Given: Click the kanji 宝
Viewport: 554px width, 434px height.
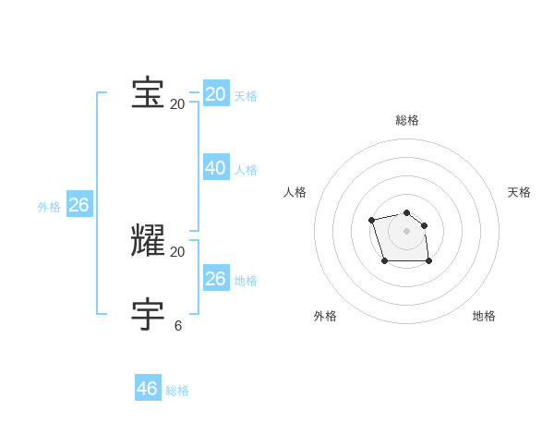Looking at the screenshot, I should (x=148, y=93).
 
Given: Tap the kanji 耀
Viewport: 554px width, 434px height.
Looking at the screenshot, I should (x=148, y=240).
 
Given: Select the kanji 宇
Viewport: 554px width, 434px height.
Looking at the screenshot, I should (x=148, y=314).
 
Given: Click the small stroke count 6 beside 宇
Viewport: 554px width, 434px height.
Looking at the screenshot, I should (x=177, y=325).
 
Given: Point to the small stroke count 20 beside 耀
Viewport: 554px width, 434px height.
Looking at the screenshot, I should (x=177, y=251).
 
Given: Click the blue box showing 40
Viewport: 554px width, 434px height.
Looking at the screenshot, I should (x=216, y=168).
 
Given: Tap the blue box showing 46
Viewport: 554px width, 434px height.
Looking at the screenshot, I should (x=148, y=389).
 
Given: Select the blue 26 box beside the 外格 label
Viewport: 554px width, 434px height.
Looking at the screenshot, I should (x=79, y=205).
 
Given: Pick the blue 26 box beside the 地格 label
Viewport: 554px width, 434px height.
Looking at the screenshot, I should (x=216, y=279).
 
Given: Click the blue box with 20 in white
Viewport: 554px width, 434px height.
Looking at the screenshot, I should (x=216, y=94).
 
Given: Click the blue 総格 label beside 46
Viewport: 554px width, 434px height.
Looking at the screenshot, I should (x=177, y=391).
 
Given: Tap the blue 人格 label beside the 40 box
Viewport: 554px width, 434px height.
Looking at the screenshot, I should (x=246, y=170).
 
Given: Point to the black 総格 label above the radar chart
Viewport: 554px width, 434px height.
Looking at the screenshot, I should (x=407, y=120).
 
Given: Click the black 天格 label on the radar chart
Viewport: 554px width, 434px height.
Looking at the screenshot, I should (x=519, y=192).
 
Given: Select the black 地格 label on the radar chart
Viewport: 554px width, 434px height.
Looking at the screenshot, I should (x=484, y=316).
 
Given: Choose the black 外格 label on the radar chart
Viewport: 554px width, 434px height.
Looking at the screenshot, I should (x=325, y=316).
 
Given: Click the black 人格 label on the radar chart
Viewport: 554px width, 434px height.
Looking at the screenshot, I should (x=295, y=192).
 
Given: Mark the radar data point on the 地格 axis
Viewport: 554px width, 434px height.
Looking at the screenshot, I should (x=429, y=261).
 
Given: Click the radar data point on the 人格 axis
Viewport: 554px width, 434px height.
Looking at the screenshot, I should (x=371, y=220).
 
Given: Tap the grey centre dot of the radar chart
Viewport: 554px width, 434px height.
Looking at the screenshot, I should (x=407, y=231).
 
